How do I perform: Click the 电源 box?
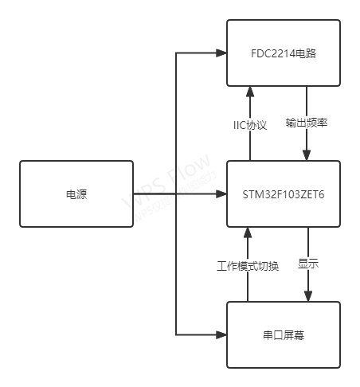pyautogui.click(x=76, y=193)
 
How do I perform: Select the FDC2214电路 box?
pyautogui.click(x=284, y=53)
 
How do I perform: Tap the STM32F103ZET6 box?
pyautogui.click(x=284, y=193)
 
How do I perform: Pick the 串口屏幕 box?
pyautogui.click(x=284, y=334)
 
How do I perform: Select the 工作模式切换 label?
pyautogui.click(x=248, y=265)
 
